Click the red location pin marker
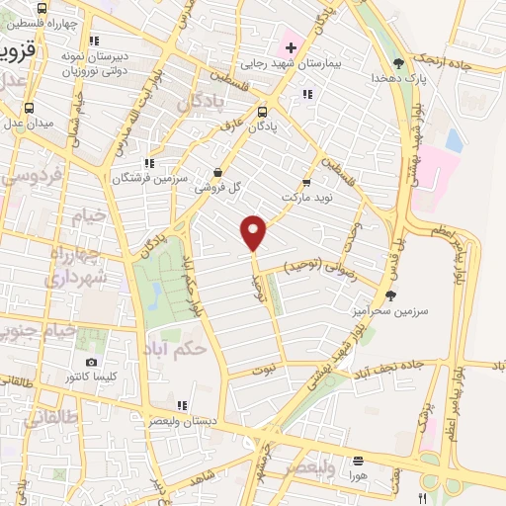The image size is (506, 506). click(254, 231)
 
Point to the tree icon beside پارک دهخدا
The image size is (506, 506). click(398, 62)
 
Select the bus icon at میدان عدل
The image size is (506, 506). click(29, 109)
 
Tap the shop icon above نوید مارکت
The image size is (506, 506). click(306, 183)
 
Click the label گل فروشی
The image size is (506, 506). click(215, 186)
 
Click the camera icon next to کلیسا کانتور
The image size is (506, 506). click(92, 364)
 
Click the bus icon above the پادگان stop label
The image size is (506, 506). click(263, 112)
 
